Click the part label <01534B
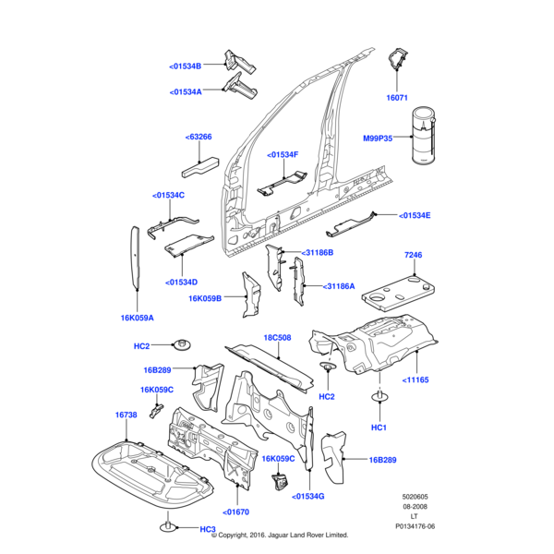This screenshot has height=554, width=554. point(191,66)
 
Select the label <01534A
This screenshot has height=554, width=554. point(191,91)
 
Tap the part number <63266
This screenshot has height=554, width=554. point(199,137)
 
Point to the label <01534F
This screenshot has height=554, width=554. point(283,154)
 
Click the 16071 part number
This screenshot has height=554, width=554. point(397,97)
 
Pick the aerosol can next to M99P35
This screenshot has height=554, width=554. point(424,137)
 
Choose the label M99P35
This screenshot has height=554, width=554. point(377,138)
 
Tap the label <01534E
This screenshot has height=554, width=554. point(415,215)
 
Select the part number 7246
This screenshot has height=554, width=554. point(413,254)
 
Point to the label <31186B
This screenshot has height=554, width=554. point(317,252)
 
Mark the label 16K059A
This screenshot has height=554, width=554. point(137,317)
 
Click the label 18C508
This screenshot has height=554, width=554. point(278,338)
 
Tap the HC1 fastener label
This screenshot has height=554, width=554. point(379,428)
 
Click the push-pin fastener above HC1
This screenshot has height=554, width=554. point(379,399)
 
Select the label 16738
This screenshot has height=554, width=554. point(126,415)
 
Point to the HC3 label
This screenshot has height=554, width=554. point(207,529)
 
